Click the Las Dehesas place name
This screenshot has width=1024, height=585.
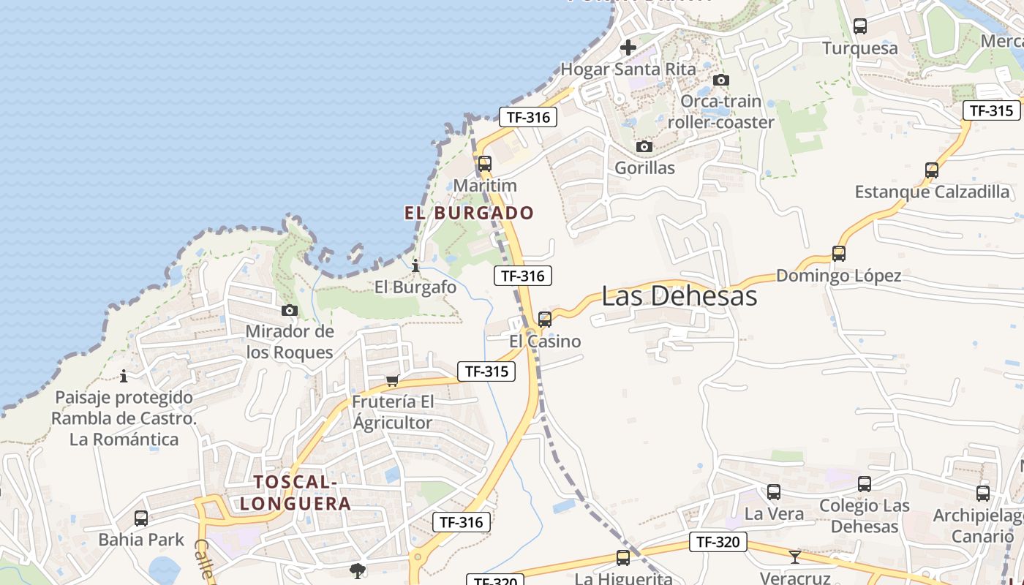pos(679,296)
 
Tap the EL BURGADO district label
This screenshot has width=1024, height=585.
pos(469,213)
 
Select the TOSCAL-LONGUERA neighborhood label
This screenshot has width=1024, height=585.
pos(295,493)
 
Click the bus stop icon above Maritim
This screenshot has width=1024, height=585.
pos(484,164)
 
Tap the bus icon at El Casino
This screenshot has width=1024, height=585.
pos(544,320)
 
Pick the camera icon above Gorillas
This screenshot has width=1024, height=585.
pos(644,147)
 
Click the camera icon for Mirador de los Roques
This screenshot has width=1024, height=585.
pos(290,311)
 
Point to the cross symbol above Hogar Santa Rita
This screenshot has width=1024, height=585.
pos(628,48)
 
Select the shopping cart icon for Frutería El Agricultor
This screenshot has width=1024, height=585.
pos(393,380)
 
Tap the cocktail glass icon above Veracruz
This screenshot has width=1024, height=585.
pos(795,557)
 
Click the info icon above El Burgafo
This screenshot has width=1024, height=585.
pos(415,266)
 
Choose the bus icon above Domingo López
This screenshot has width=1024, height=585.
pos(838,254)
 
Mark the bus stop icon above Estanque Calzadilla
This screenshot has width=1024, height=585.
pos(931,170)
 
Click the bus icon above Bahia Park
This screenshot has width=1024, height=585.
pos(141,518)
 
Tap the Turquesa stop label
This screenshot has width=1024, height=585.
pos(859,48)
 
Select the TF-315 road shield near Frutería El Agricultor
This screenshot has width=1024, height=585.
pos(486,371)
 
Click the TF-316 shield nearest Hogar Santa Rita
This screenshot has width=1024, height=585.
pos(528,116)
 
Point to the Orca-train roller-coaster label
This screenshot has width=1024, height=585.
pos(720,112)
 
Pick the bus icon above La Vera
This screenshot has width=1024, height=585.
pos(773,492)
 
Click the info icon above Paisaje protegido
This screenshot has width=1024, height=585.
pos(124,377)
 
